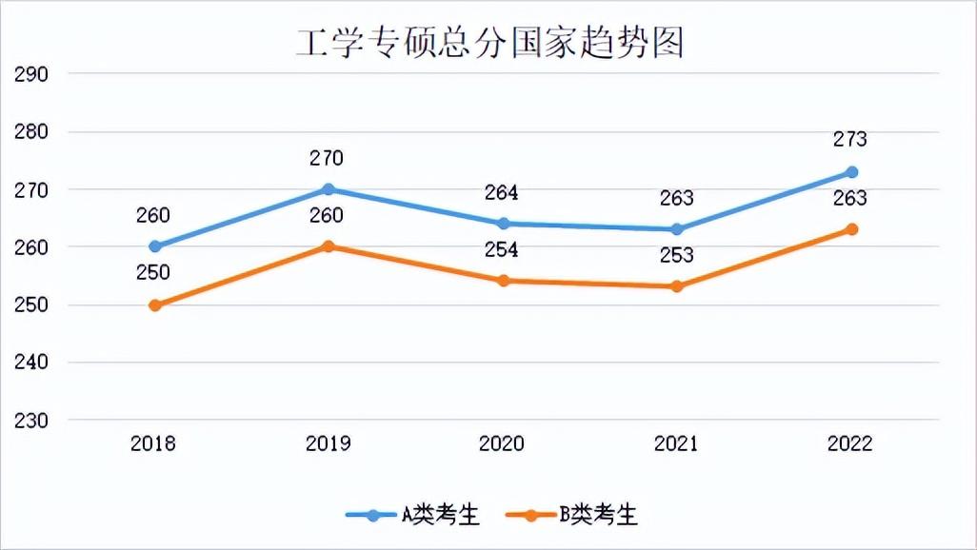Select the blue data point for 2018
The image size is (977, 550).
tap(155, 246)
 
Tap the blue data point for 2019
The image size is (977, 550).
tap(328, 189)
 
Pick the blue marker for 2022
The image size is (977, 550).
tap(852, 172)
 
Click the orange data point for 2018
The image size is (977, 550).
tap(155, 305)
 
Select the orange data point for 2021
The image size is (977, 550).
tap(677, 286)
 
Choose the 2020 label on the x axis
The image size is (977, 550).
tap(502, 443)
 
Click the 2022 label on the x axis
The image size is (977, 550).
tap(850, 443)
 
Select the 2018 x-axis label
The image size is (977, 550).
tap(154, 443)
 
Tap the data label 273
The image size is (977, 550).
tap(850, 139)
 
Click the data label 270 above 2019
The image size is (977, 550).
tap(326, 158)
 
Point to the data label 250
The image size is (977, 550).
tap(152, 273)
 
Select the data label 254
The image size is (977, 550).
tap(501, 249)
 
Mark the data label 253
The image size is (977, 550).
tap(676, 255)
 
